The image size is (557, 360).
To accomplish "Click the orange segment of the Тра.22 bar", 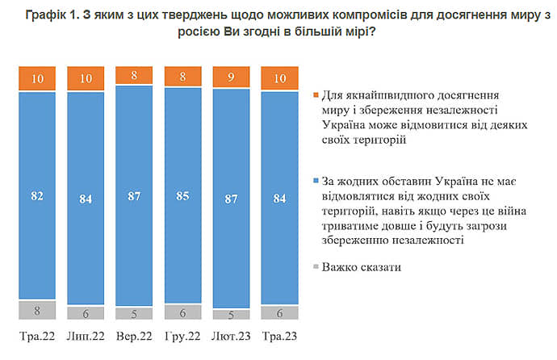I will click(36, 79).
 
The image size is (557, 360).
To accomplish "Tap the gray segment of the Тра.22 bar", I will click(36, 310).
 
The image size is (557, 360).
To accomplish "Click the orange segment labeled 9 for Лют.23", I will click(230, 78).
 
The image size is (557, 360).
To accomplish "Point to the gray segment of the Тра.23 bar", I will click(278, 313).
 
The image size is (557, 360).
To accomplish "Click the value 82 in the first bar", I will click(36, 195).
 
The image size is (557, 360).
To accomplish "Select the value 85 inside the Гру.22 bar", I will click(182, 195).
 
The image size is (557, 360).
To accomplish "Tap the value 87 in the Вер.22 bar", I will click(133, 195).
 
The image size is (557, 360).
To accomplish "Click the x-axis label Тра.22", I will click(36, 336).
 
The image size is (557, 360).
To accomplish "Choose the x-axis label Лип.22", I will click(85, 336).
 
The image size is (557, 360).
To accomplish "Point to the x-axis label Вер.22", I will click(133, 336).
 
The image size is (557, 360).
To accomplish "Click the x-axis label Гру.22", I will click(182, 336).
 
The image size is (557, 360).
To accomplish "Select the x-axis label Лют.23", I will click(230, 336).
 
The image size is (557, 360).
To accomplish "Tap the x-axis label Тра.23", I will click(278, 336).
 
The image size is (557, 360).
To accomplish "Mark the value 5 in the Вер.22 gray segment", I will click(133, 314).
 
